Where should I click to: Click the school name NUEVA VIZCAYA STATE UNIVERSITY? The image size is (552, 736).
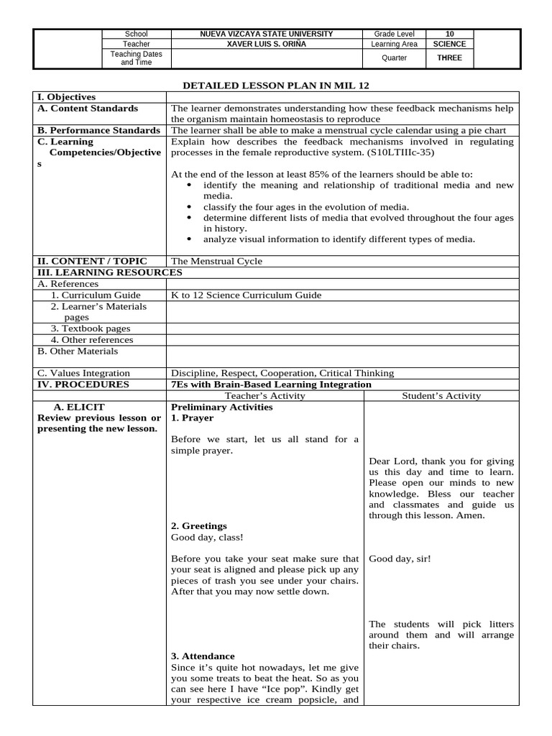pyautogui.click(x=266, y=34)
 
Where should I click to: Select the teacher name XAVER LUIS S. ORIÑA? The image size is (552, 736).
pyautogui.click(x=266, y=44)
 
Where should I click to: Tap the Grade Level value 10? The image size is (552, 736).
pyautogui.click(x=449, y=34)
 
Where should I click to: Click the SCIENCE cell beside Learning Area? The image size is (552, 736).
pyautogui.click(x=449, y=44)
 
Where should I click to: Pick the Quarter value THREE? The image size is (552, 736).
pyautogui.click(x=449, y=58)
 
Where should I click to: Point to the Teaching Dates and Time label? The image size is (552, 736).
pyautogui.click(x=136, y=58)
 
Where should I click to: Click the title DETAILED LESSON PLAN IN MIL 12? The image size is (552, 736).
pyautogui.click(x=276, y=85)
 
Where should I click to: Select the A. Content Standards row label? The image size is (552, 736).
pyautogui.click(x=88, y=109)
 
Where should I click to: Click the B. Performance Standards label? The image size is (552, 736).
pyautogui.click(x=99, y=130)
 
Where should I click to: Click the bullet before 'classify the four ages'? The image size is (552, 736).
pyautogui.click(x=189, y=207)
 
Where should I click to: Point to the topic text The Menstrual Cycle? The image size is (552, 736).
pyautogui.click(x=216, y=261)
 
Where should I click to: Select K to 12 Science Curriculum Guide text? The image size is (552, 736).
pyautogui.click(x=246, y=295)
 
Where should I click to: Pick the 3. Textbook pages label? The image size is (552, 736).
pyautogui.click(x=91, y=328)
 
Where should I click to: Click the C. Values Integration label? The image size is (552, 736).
pyautogui.click(x=84, y=373)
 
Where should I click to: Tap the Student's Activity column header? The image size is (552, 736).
pyautogui.click(x=441, y=395)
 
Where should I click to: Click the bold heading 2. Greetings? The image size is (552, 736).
pyautogui.click(x=199, y=526)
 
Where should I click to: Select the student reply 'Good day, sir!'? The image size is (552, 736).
pyautogui.click(x=400, y=558)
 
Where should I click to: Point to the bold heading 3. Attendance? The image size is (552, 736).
pyautogui.click(x=203, y=656)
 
